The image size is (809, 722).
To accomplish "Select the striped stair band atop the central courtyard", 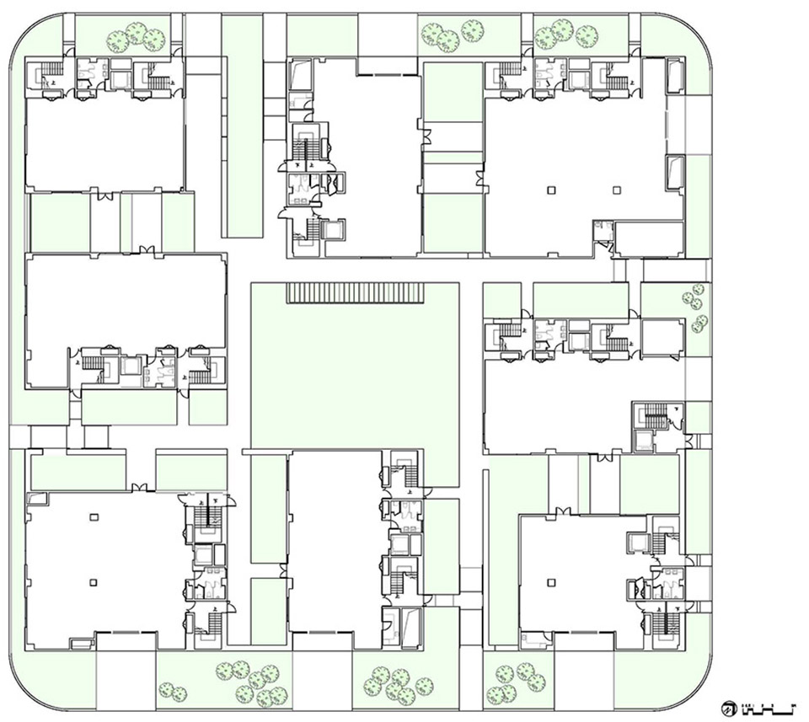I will click(x=354, y=292).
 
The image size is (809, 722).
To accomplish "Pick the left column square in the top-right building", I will click(x=551, y=189).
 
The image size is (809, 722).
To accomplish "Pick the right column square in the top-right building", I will click(x=616, y=189).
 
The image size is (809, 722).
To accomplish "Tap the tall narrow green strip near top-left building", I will click(x=241, y=126).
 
